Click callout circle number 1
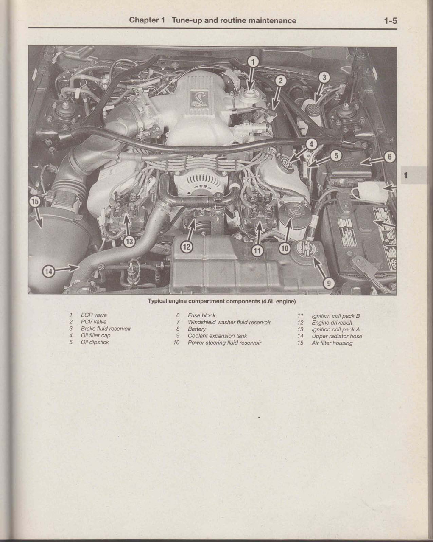point(253,62)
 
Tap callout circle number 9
point(329,284)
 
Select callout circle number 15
point(35,202)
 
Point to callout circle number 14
point(49,271)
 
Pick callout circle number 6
point(389,157)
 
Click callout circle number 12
point(187,247)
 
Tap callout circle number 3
point(324,78)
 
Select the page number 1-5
point(391,21)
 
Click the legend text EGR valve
point(94,315)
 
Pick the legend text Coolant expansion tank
point(217,336)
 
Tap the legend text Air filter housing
point(332,343)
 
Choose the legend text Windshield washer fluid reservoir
point(229,322)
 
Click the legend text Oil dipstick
point(95,342)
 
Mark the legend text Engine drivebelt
point(332,323)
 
